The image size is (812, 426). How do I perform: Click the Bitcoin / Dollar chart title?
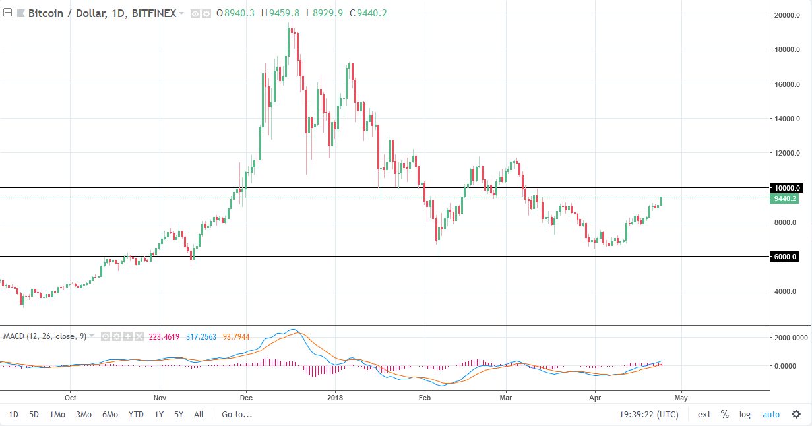[103, 13]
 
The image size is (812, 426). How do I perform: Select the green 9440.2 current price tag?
[786, 198]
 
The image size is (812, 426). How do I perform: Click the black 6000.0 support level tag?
[786, 257]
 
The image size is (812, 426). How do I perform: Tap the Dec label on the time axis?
[246, 398]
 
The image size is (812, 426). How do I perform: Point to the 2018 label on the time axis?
[335, 398]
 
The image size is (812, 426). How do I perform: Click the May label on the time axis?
[681, 398]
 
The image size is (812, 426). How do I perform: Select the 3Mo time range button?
[83, 415]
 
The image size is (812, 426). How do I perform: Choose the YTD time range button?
[136, 415]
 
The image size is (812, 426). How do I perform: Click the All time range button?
[199, 415]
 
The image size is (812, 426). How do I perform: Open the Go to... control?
[237, 415]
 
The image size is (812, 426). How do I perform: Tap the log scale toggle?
[745, 415]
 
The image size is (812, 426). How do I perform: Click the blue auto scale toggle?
[771, 415]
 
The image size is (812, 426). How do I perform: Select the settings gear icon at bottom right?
[796, 415]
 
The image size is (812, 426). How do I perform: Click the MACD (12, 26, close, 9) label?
[45, 336]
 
